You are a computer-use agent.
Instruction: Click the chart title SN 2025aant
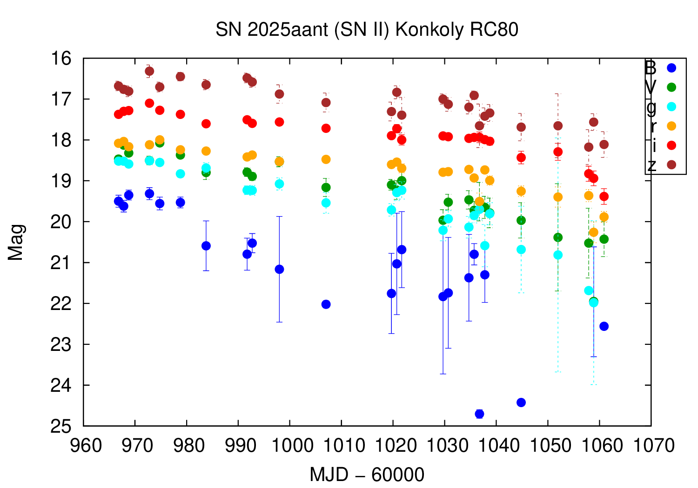(x=367, y=30)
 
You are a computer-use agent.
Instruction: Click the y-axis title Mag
(x=16, y=242)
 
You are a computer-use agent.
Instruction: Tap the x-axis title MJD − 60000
(x=367, y=475)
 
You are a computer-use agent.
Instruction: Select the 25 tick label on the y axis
(x=61, y=426)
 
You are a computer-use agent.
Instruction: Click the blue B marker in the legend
(x=671, y=68)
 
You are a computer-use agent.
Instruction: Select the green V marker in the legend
(x=671, y=87)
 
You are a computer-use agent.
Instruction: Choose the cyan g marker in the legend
(x=671, y=106)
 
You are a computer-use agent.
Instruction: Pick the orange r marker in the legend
(x=671, y=126)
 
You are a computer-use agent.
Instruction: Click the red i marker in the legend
(x=671, y=145)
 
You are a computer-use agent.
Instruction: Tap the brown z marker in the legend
(x=671, y=165)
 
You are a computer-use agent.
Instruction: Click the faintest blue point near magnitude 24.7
(x=479, y=414)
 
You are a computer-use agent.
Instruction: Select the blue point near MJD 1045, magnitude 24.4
(x=521, y=402)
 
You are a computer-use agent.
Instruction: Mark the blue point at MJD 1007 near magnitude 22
(x=326, y=304)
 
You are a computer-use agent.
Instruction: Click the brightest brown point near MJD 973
(x=149, y=71)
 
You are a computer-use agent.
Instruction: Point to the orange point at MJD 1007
(x=326, y=159)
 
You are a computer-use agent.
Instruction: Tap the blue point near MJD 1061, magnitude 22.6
(x=604, y=326)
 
